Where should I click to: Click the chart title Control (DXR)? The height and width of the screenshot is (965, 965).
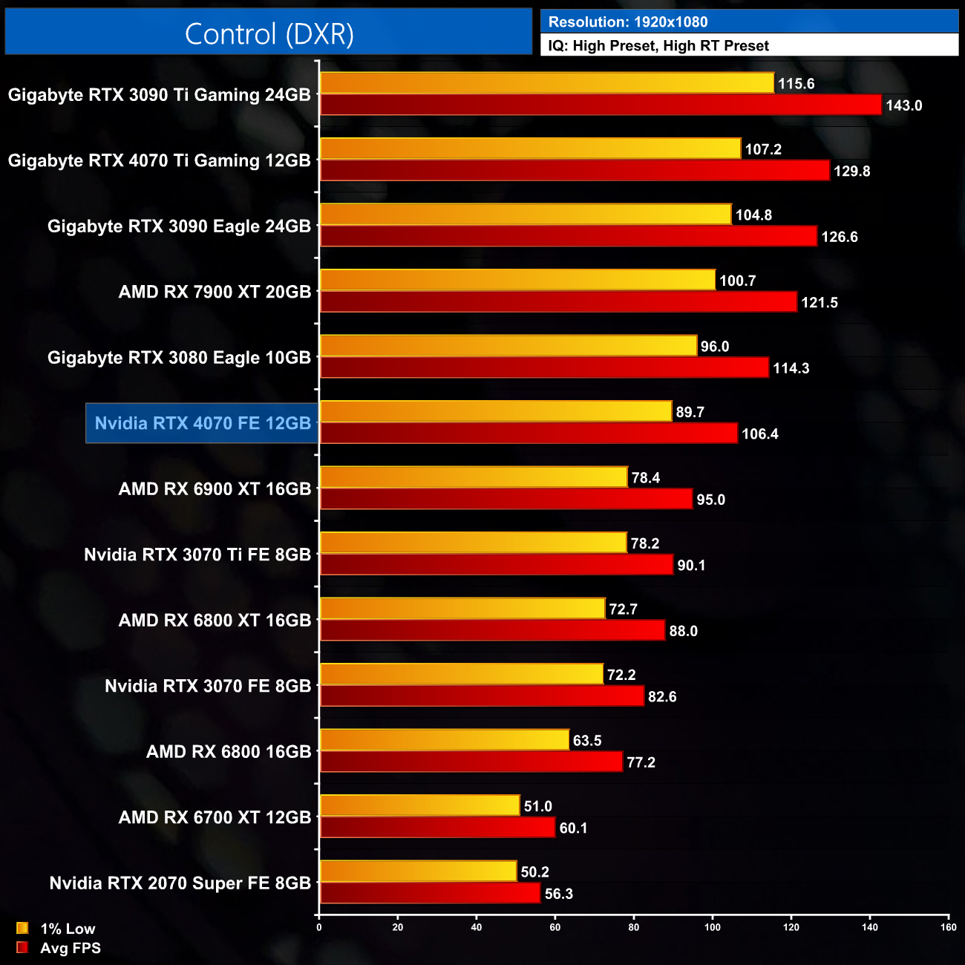coord(269,34)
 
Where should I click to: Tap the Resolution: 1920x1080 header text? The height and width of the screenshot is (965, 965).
coord(628,22)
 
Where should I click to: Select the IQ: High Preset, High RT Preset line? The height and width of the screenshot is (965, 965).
coord(658,46)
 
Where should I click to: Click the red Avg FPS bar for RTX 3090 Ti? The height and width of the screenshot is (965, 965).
coord(601,105)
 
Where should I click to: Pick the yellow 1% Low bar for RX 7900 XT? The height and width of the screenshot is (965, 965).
coord(517,280)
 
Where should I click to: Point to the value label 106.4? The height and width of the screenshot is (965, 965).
coord(760,434)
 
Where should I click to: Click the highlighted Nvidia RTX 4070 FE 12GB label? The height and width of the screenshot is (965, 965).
coord(203,423)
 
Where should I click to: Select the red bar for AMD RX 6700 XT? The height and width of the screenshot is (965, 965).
coord(437,828)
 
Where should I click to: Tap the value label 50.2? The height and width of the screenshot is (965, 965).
coord(534,872)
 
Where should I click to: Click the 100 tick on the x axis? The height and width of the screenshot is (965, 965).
coord(713,927)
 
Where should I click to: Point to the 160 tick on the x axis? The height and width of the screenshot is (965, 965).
coord(948,927)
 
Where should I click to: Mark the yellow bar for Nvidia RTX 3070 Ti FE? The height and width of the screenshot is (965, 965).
coord(473,543)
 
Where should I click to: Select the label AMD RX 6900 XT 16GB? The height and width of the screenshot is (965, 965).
coord(215,489)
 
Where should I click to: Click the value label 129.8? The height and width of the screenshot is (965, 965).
coord(851,171)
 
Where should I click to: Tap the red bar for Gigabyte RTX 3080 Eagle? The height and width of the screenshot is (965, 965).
coord(544,368)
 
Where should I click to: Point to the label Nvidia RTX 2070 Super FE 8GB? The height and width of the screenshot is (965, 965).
coord(180,883)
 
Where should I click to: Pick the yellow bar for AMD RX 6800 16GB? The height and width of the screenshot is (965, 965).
coord(444,740)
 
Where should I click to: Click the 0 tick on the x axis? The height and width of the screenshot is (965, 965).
coord(319,927)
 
